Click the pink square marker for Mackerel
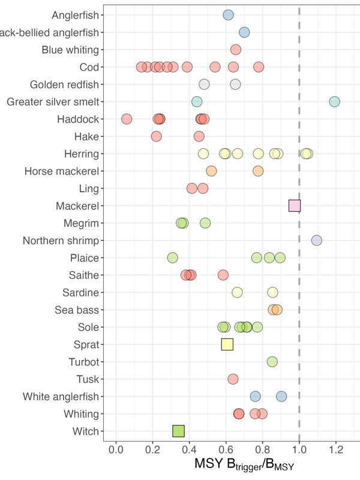pyautogui.click(x=295, y=206)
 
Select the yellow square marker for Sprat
pyautogui.click(x=227, y=344)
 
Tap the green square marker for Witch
pyautogui.click(x=178, y=431)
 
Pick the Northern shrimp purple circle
pyautogui.click(x=317, y=241)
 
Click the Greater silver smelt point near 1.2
pyautogui.click(x=335, y=101)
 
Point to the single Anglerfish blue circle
pyautogui.click(x=228, y=15)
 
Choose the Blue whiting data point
pyautogui.click(x=236, y=49)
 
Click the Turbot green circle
pyautogui.click(x=272, y=362)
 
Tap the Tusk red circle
pyautogui.click(x=233, y=379)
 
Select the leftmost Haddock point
pyautogui.click(x=127, y=119)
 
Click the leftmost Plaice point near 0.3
pyautogui.click(x=173, y=258)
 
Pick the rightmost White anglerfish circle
pyautogui.click(x=281, y=396)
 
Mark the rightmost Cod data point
pyautogui.click(x=259, y=67)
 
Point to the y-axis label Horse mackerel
pyautogui.click(x=62, y=171)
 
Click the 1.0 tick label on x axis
pyautogui.click(x=299, y=449)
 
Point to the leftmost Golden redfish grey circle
pyautogui.click(x=205, y=84)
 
